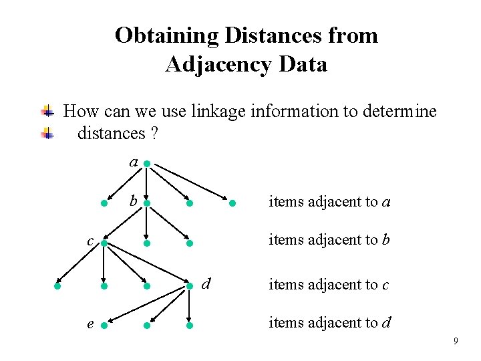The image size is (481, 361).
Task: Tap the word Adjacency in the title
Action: (x=216, y=64)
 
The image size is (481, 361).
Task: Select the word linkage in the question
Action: (x=220, y=111)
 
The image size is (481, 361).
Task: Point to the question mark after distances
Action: (x=154, y=133)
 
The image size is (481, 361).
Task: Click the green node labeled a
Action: (x=146, y=163)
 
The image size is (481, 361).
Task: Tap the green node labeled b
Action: (x=146, y=203)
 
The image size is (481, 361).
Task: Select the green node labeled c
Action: (x=104, y=244)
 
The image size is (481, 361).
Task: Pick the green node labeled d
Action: (x=190, y=286)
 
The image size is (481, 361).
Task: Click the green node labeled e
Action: (x=104, y=326)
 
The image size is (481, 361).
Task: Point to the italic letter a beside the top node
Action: (x=134, y=162)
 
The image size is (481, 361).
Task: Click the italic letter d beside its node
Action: (x=206, y=283)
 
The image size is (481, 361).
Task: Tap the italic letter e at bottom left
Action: (x=90, y=324)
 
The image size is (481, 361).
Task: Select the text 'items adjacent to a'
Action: (x=329, y=201)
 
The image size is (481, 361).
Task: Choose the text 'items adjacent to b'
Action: (x=329, y=239)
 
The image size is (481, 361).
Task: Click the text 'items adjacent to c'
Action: (x=329, y=284)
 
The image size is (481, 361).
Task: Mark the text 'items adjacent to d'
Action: (x=329, y=323)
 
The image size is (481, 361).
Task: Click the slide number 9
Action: (x=456, y=342)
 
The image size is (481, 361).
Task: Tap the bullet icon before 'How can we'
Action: (x=47, y=111)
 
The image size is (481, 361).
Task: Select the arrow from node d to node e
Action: (x=147, y=306)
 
